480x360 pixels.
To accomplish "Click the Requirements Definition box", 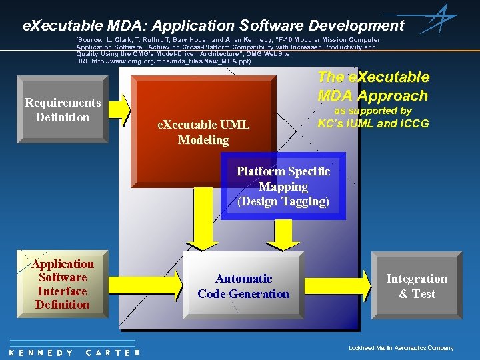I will click(x=63, y=110).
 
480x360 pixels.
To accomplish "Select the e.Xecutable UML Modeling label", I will click(x=203, y=132).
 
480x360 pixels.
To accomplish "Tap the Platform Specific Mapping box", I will click(x=283, y=186).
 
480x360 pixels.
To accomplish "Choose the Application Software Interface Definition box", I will click(x=63, y=285).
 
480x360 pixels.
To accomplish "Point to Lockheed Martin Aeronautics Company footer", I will click(x=401, y=348).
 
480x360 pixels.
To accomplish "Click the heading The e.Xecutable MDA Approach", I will click(x=373, y=87).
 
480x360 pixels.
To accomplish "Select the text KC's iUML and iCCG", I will click(x=373, y=123).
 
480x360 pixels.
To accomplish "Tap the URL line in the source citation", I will click(x=163, y=61).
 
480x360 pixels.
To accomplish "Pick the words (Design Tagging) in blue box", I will click(x=283, y=201).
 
